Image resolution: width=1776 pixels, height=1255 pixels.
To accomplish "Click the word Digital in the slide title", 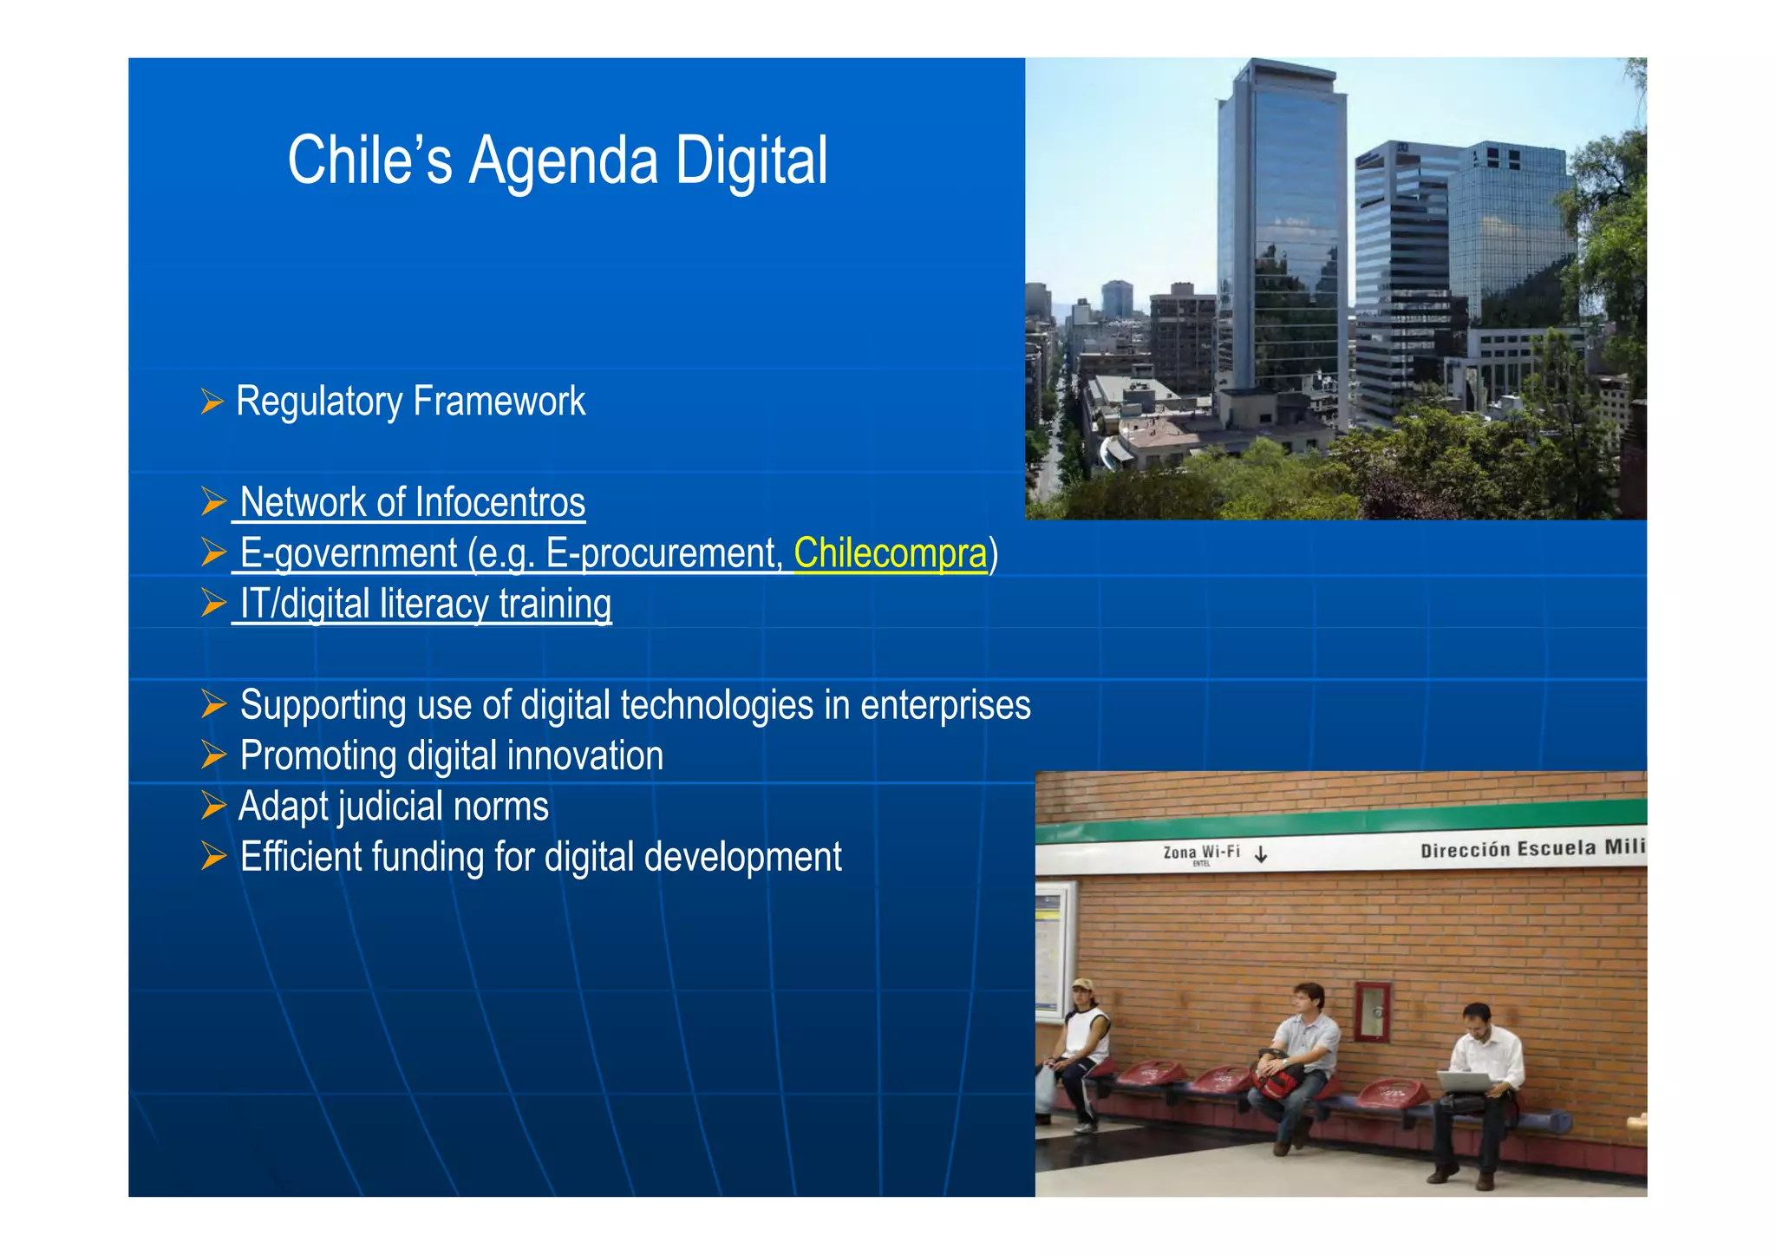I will pos(751,161).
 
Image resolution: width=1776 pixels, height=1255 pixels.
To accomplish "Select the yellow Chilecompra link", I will pos(890,553).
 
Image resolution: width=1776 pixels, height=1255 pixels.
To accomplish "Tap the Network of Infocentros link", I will pos(412,503).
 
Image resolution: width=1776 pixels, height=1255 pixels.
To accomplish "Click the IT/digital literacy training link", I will pos(425,605).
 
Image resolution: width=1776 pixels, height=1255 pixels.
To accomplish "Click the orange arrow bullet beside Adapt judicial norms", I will pos(212,806).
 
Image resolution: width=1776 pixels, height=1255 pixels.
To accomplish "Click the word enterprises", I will pos(944,705).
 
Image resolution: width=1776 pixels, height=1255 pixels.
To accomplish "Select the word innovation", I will pos(584,756).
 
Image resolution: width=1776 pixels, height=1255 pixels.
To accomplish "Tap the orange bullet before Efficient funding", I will pos(212,856).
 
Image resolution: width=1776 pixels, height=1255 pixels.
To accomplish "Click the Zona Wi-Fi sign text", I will pos(1201,853).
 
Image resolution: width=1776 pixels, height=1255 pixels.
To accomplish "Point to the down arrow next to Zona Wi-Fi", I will pos(1261,854).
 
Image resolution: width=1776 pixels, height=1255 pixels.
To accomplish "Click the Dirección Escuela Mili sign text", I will pos(1531,848).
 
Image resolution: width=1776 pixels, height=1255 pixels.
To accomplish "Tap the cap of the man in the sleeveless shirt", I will pos(1081,985).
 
